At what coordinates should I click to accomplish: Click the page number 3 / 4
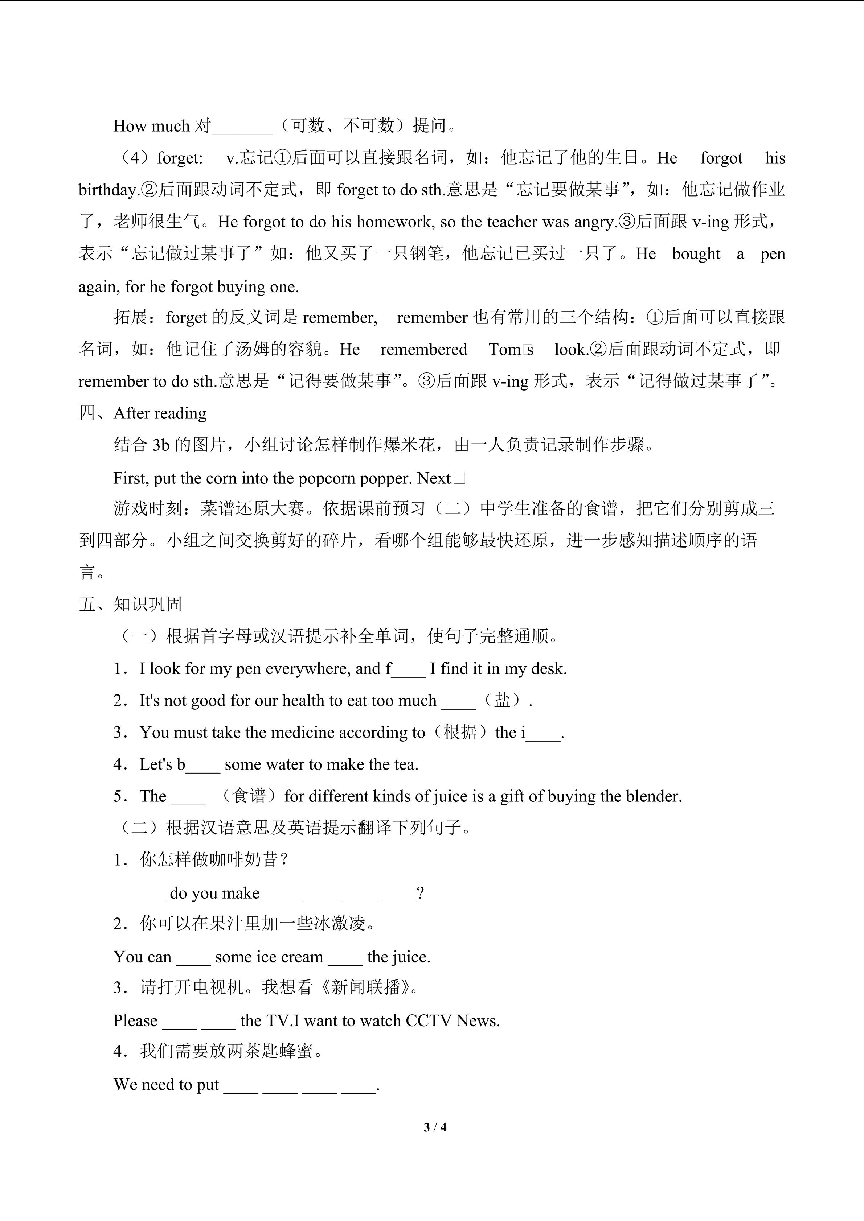[x=435, y=1127]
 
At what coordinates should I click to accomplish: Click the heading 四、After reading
[x=143, y=413]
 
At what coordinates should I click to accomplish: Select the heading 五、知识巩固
[x=130, y=604]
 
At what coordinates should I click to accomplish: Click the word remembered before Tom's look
[x=423, y=349]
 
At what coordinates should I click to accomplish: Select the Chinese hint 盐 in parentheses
[x=502, y=700]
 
